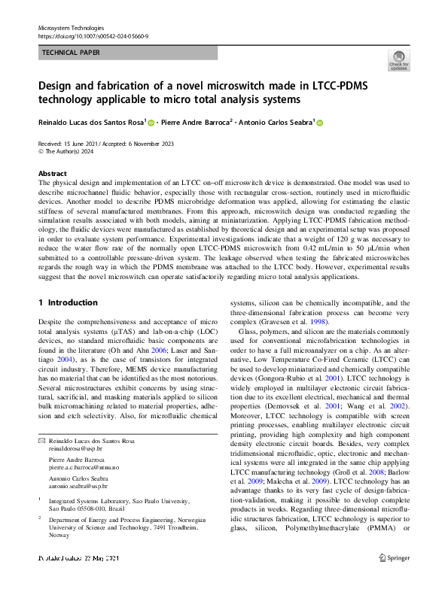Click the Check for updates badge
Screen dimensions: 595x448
[398, 60]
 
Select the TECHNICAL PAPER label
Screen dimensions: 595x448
[71, 53]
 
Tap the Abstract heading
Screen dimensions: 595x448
[52, 173]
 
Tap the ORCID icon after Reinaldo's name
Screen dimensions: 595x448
[151, 123]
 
